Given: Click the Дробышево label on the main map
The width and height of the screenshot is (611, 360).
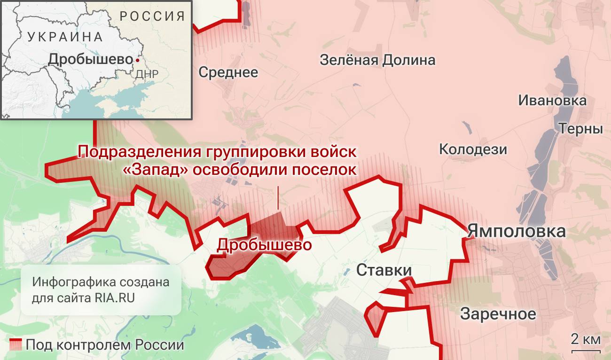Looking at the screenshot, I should pos(264,245).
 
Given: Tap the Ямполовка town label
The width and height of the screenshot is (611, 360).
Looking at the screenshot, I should pos(516,232).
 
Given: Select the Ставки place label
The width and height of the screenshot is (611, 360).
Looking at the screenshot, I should pos(384,270).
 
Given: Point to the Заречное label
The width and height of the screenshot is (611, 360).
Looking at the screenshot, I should pos(498,313).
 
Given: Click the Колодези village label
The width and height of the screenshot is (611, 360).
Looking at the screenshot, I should pos(473,149).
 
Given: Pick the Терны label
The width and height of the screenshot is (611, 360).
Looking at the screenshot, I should pos(580,129).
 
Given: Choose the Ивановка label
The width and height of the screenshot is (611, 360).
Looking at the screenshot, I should pos(552,100).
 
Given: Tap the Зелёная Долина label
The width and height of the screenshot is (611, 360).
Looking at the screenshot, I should pos(377,60).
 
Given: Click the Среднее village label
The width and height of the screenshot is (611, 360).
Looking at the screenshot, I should pos(228,72).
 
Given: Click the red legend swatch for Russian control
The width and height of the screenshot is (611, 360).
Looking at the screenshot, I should pos(16,344).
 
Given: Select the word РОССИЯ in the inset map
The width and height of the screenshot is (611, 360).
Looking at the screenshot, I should pos(152,16).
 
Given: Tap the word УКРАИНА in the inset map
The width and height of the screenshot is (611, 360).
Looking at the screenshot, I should pos(65,37).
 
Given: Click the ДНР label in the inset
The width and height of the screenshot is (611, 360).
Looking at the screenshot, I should pos(147,74).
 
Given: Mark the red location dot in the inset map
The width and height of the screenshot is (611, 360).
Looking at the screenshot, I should pos(137,60).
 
